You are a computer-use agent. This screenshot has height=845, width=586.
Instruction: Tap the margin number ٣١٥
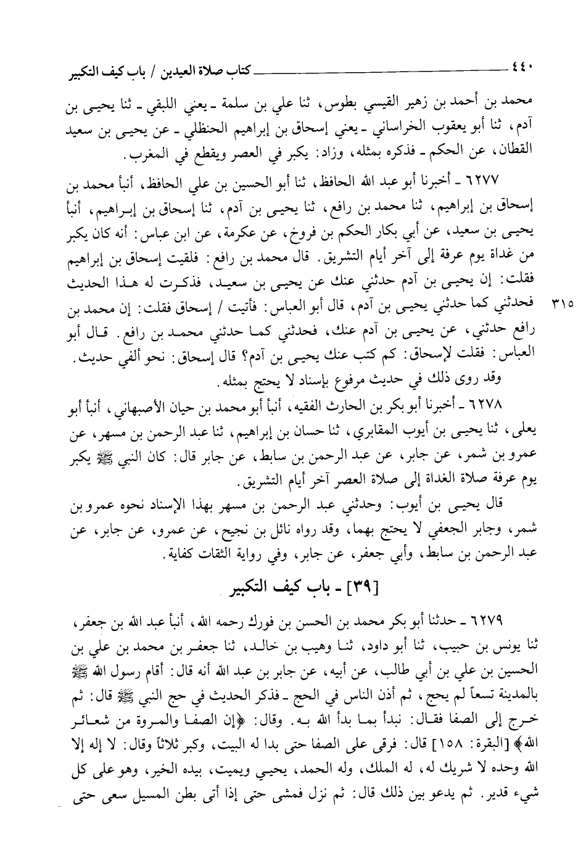[562, 303]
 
